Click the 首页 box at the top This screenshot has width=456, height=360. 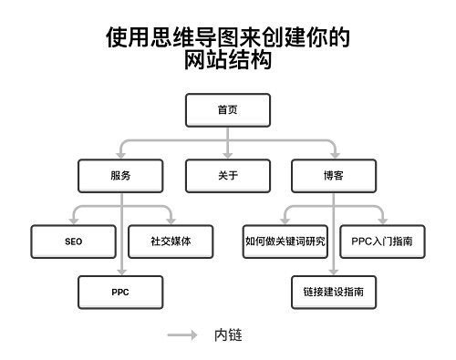tap(227, 110)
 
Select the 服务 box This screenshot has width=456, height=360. tap(120, 176)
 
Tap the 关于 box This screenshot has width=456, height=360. tap(227, 176)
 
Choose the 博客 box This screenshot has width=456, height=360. tap(333, 176)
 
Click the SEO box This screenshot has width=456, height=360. tap(74, 242)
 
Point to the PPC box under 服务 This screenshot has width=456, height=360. tap(120, 293)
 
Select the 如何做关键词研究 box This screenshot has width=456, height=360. tap(285, 242)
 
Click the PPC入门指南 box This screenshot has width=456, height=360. tap(382, 242)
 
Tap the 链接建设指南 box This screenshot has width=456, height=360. tap(333, 293)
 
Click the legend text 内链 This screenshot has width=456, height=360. tap(227, 335)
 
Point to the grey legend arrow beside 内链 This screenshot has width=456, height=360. tap(182, 335)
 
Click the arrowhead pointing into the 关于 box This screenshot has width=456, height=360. tap(227, 156)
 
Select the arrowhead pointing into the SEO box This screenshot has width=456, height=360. tap(74, 221)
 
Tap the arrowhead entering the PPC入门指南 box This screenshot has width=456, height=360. tap(382, 221)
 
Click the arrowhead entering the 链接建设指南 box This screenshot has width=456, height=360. tap(333, 273)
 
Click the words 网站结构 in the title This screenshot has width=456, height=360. tap(227, 60)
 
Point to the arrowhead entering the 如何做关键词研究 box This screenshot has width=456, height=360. tap(285, 221)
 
